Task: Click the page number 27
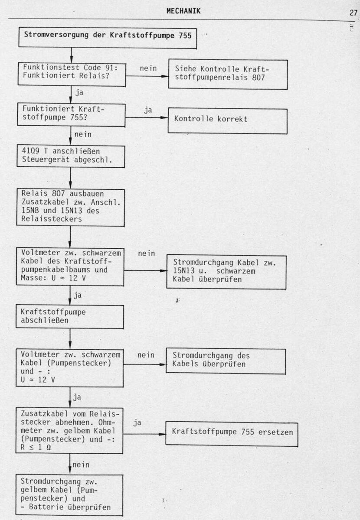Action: (x=353, y=13)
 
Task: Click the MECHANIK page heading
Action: (x=183, y=11)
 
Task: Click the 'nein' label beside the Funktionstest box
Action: (x=148, y=68)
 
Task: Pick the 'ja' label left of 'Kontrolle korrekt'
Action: (x=148, y=110)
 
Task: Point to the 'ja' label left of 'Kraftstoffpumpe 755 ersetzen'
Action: (x=137, y=422)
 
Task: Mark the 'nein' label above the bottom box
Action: (x=81, y=465)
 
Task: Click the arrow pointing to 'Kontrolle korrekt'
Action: (x=147, y=117)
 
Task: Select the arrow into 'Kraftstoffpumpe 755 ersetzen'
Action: (x=144, y=434)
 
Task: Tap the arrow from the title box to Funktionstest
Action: (x=71, y=56)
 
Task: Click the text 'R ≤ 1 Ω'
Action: (x=36, y=447)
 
